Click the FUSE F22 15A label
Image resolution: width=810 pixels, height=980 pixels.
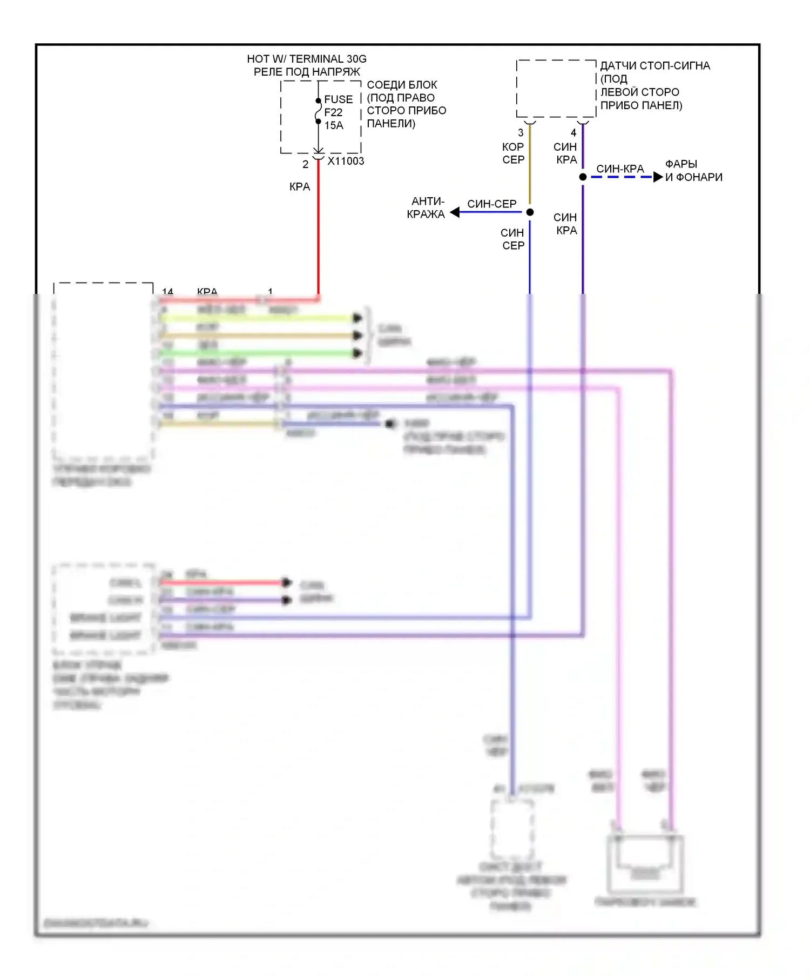click(x=338, y=112)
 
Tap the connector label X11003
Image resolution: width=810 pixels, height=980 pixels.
click(x=346, y=161)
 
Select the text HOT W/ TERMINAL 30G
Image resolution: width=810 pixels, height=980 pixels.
click(x=307, y=59)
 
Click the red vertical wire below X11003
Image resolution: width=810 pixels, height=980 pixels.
click(x=318, y=227)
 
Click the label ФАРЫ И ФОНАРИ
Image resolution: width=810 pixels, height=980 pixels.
click(x=693, y=171)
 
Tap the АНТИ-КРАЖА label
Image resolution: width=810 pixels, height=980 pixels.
click(x=427, y=208)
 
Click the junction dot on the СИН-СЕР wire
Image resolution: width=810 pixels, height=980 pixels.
click(x=530, y=212)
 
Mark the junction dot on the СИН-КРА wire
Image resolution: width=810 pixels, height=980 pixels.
click(x=583, y=177)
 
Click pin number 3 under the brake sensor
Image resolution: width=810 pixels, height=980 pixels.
click(x=521, y=132)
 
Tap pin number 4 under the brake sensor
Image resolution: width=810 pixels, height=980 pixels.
click(x=573, y=132)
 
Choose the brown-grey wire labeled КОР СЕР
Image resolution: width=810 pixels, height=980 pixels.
click(x=529, y=167)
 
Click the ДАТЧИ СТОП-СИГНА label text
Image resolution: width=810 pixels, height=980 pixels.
click(x=654, y=66)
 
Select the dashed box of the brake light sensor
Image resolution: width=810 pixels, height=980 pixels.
click(x=556, y=89)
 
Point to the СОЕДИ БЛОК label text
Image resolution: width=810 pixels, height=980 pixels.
click(x=402, y=85)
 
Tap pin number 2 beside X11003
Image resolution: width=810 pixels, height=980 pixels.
click(x=306, y=164)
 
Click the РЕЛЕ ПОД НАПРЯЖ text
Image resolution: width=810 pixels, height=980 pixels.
click(x=307, y=72)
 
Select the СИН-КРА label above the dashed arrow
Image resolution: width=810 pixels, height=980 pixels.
click(x=620, y=169)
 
